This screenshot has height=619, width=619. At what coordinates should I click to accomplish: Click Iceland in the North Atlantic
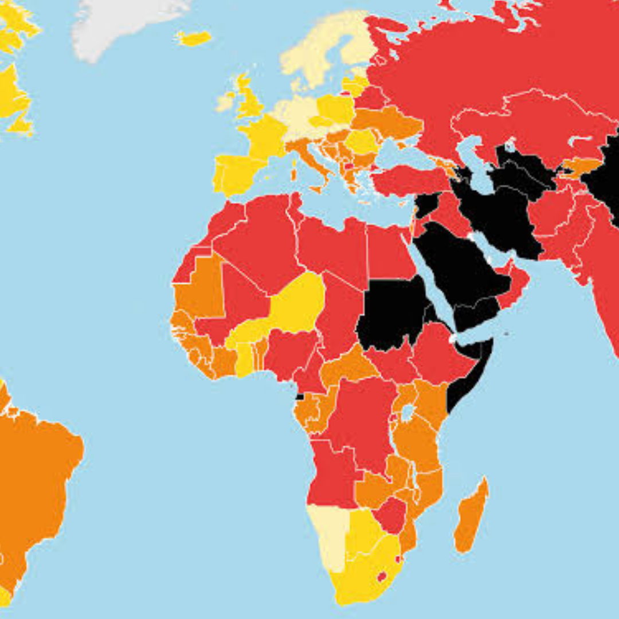pyautogui.click(x=194, y=38)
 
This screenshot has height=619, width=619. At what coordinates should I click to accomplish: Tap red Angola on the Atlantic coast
pyautogui.click(x=332, y=470)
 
